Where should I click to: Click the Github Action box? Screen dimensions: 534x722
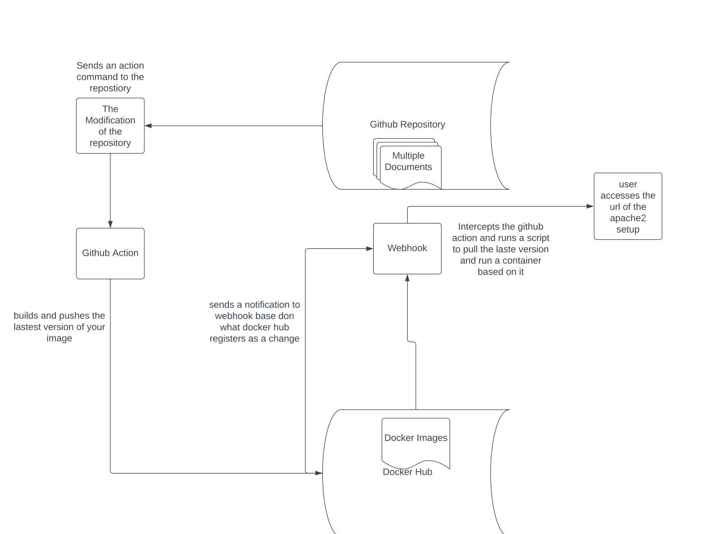click(110, 253)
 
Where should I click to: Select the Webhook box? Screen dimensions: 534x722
click(407, 248)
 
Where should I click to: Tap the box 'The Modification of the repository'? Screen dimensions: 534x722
click(110, 126)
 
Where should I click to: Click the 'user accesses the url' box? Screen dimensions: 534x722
click(628, 207)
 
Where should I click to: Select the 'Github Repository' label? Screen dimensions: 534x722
click(407, 124)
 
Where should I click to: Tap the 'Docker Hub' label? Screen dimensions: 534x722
click(407, 472)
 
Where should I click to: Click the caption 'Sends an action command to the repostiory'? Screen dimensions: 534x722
click(110, 77)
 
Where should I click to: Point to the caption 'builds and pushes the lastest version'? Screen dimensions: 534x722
click(59, 327)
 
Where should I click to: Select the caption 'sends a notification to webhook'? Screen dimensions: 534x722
click(254, 322)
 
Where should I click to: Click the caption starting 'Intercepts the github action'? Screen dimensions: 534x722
click(500, 249)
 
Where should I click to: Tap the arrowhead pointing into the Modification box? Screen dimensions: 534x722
click(149, 126)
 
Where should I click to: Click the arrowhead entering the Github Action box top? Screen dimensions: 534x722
click(110, 224)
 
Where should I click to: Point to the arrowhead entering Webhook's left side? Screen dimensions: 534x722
click(369, 248)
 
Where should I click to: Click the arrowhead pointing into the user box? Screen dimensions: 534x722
click(590, 207)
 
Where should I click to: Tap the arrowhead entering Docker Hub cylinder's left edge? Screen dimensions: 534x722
click(319, 473)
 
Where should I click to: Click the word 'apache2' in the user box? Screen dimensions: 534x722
click(628, 218)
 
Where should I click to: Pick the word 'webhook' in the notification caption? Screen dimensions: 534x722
click(232, 316)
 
